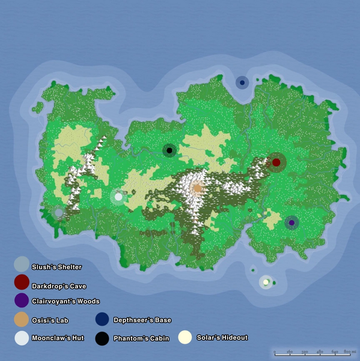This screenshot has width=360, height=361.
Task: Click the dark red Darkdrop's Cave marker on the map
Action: (276, 162)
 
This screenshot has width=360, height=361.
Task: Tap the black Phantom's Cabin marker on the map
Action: (169, 150)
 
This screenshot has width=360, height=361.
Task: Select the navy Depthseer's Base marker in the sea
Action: (242, 82)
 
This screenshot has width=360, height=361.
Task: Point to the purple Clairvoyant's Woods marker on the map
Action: (291, 223)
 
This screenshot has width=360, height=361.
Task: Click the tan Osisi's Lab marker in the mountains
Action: (197, 188)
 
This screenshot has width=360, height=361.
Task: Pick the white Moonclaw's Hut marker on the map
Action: (118, 197)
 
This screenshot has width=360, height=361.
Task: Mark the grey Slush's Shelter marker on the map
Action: (58, 212)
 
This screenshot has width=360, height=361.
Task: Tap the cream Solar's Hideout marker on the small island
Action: (266, 282)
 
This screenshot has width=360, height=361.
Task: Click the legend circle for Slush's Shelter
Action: (22, 264)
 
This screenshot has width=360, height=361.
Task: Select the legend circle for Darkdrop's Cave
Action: (22, 282)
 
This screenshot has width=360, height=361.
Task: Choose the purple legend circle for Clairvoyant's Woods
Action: (22, 300)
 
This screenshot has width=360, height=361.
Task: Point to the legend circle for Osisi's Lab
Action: (22, 319)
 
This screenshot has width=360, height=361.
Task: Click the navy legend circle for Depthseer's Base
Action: (102, 319)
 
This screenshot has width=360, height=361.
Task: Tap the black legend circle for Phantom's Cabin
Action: (102, 338)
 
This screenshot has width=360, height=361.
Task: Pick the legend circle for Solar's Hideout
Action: (186, 338)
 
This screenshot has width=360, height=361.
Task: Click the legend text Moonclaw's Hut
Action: (58, 339)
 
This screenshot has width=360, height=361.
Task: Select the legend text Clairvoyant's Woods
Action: (66, 301)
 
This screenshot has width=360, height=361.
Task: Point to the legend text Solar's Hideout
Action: (222, 338)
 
